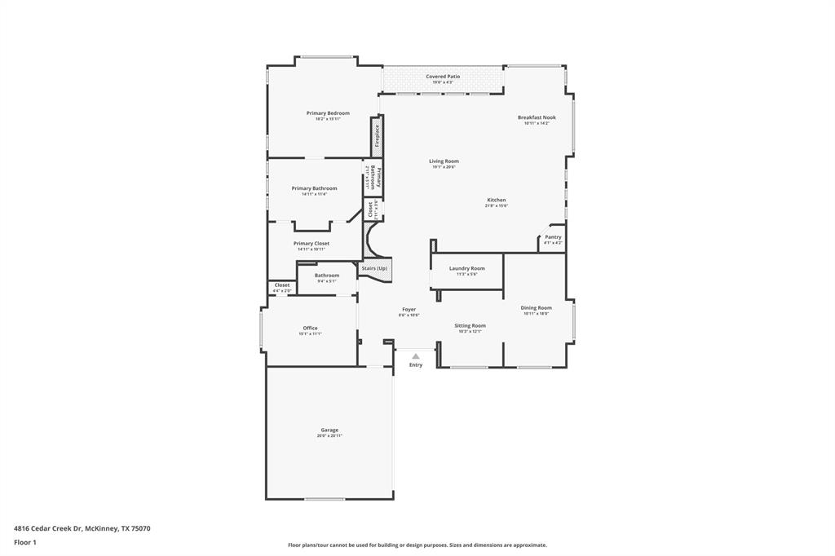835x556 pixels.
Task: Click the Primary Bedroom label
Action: coord(328,113)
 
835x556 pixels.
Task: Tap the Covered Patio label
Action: coord(443,77)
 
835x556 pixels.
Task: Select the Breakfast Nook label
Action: coord(537,117)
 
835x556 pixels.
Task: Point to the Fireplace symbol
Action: coord(377,135)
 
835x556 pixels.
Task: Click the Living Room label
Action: coord(444,161)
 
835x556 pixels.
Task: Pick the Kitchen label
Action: coord(497,200)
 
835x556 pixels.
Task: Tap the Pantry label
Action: coord(553,237)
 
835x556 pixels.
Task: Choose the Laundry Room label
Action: coord(466,268)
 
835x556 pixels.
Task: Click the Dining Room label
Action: coord(536,308)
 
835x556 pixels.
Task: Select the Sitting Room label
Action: coord(470,325)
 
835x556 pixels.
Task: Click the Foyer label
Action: coord(409,310)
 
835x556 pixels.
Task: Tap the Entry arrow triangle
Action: coord(416,356)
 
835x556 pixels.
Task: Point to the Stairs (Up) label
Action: coord(374,268)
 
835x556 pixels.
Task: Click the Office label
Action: coord(310,328)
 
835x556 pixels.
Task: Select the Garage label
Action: coord(329,430)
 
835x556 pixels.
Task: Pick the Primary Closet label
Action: coord(311,244)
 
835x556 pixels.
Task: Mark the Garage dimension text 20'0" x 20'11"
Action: coord(329,436)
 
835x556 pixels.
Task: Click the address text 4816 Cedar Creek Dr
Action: coord(48,528)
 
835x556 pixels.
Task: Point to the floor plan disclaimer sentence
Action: coord(417,545)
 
